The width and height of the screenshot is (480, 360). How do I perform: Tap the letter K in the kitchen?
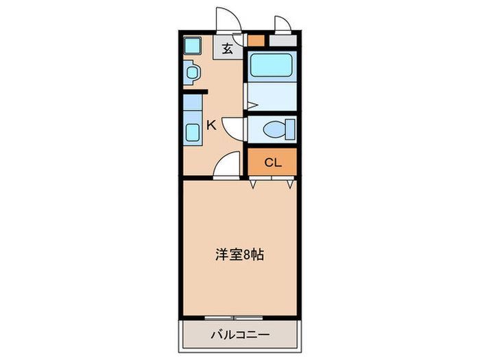(212, 125)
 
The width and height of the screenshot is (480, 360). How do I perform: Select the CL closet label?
(272, 163)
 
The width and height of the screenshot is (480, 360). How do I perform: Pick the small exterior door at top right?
(283, 24)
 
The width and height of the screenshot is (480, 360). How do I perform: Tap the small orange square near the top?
(255, 40)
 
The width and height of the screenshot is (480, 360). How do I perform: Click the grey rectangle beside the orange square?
(282, 40)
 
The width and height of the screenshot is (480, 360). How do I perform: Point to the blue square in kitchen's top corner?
(191, 46)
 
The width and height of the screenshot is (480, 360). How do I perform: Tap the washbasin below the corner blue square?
(191, 72)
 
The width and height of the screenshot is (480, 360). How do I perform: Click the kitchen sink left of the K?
(192, 130)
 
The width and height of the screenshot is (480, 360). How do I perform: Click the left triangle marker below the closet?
(254, 184)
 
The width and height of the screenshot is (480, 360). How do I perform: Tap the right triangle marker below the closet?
(291, 184)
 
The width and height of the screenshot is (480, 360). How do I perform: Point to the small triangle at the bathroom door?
(252, 106)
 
